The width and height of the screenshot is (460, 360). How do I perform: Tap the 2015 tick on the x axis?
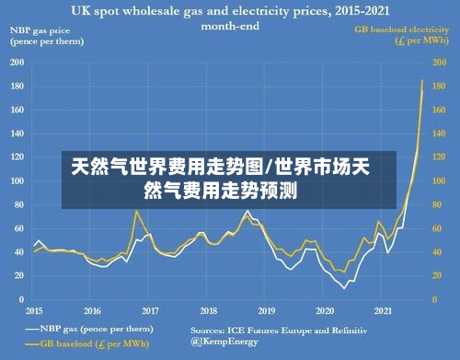tap(34, 311)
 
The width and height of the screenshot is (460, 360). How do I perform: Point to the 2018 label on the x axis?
tap(209, 311)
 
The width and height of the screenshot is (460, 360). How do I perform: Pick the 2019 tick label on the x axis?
tap(267, 311)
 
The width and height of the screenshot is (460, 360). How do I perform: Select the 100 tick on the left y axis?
tap(17, 181)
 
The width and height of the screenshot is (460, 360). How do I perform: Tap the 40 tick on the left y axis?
tap(18, 252)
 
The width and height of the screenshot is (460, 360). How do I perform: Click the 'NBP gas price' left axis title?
tap(42, 36)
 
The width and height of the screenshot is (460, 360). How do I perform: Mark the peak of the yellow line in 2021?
tap(422, 80)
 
